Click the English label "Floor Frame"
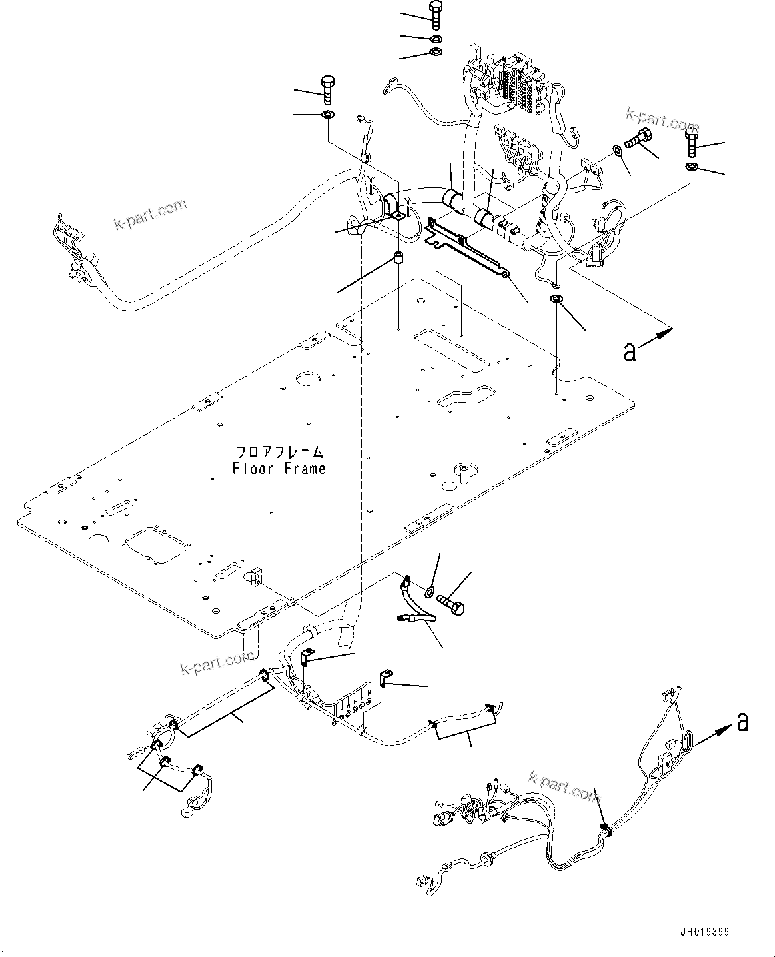[x=279, y=469]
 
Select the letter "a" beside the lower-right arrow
[x=744, y=721]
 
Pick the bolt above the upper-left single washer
[x=328, y=89]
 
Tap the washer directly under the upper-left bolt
[x=328, y=116]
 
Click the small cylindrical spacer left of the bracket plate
[x=398, y=259]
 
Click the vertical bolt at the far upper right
[x=690, y=143]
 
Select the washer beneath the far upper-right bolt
[x=692, y=166]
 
